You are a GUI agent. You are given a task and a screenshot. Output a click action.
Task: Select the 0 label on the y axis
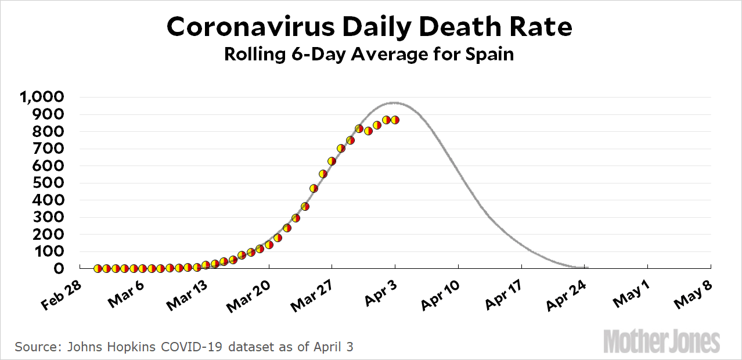[x=59, y=269]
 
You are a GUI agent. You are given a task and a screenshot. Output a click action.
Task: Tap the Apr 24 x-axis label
[x=564, y=294]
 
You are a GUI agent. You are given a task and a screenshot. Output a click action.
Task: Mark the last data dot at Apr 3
[x=395, y=120]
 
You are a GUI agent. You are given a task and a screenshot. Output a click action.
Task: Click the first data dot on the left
[x=98, y=268]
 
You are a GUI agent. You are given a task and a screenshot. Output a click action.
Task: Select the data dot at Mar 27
[x=332, y=161]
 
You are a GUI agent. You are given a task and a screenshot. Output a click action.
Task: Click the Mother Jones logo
[x=662, y=341]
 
